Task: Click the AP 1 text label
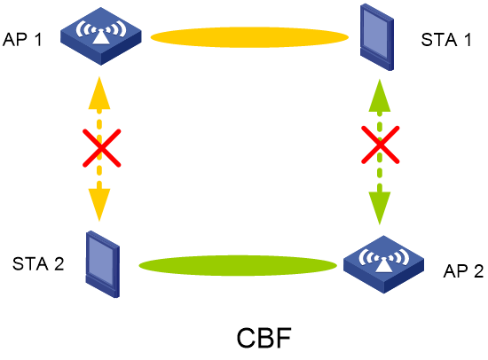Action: click(22, 40)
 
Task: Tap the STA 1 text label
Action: click(446, 40)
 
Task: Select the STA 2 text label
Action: click(38, 264)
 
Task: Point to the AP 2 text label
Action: click(463, 271)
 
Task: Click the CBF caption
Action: click(264, 338)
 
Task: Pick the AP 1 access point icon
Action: click(101, 36)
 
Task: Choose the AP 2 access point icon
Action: click(383, 264)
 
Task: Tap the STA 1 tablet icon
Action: click(377, 37)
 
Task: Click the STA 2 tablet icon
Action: click(103, 264)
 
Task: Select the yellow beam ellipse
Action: click(249, 37)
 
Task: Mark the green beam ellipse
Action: click(238, 266)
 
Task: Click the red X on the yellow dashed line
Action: click(101, 148)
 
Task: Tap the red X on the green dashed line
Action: click(380, 145)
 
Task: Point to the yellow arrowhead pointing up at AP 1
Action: click(99, 93)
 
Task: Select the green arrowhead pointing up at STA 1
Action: click(380, 96)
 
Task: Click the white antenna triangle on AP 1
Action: click(101, 37)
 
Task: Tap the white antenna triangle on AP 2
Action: click(383, 265)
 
